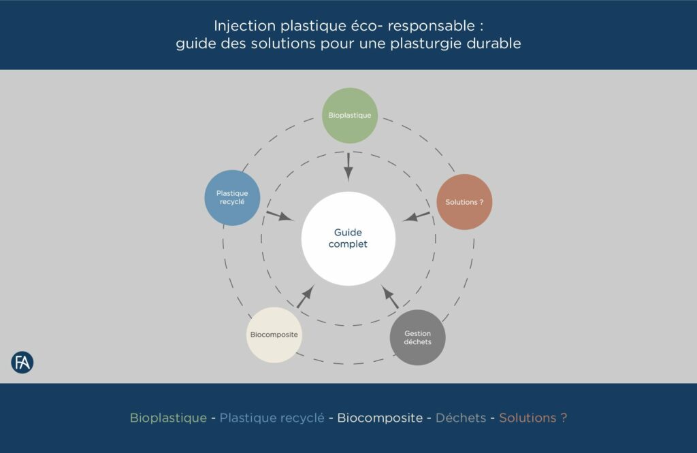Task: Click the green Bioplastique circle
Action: [x=349, y=115]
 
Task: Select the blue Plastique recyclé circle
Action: [x=233, y=198]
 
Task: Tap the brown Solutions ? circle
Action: [x=464, y=202]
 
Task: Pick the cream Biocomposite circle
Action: [x=274, y=335]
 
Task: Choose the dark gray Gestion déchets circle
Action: [x=417, y=337]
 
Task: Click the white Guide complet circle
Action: [x=348, y=238]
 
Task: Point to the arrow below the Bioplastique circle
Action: [x=348, y=165]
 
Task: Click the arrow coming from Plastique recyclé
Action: [x=279, y=216]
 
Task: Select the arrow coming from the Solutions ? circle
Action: [x=417, y=217]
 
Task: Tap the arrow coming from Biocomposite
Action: [x=305, y=297]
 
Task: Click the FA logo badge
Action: [x=22, y=363]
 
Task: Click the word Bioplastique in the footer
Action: [x=168, y=418]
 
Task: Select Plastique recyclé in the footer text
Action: [x=272, y=418]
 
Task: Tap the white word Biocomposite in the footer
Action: [x=380, y=418]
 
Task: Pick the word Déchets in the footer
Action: [x=461, y=418]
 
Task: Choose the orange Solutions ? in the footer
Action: [x=533, y=418]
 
